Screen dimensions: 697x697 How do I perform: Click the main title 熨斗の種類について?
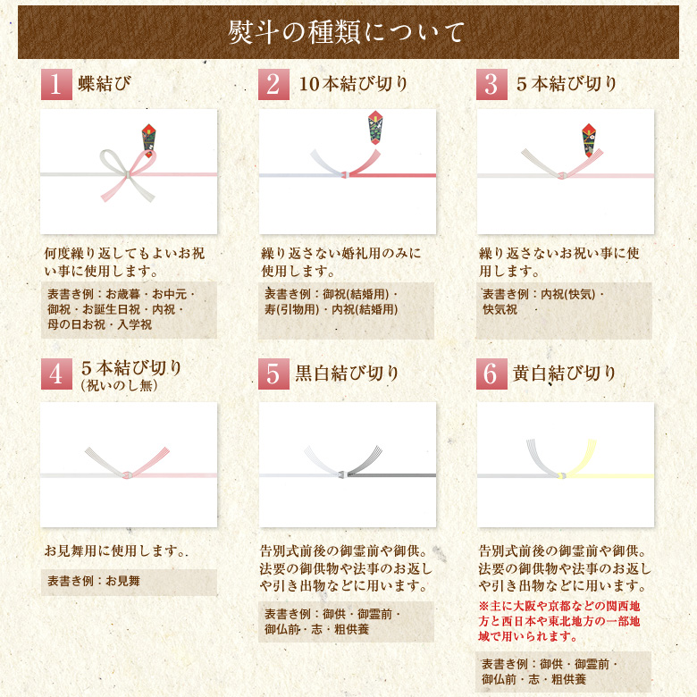point(348,33)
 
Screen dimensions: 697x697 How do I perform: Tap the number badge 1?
point(56,85)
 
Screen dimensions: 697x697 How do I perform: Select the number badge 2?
point(273,85)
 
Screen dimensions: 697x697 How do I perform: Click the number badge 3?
point(491,85)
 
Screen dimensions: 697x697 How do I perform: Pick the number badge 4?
point(56,374)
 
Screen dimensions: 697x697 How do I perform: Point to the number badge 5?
point(273,374)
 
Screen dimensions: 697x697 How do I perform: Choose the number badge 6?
point(491,374)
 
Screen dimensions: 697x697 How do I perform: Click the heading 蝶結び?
point(104,85)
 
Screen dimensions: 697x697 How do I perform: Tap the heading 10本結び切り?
point(353,85)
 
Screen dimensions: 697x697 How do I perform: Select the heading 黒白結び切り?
point(348,374)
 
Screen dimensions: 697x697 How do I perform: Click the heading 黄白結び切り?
point(565,374)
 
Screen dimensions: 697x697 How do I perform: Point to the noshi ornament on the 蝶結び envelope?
point(148,135)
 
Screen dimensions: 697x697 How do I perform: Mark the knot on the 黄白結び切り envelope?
point(562,474)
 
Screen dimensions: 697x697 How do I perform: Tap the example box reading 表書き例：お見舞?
point(129,582)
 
